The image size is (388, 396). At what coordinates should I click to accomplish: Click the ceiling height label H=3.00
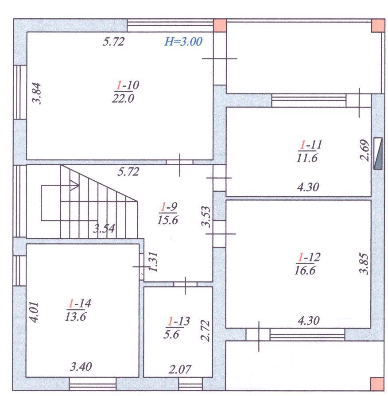(183, 42)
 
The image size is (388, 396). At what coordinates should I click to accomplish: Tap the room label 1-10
(128, 85)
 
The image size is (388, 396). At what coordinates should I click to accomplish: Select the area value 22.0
(123, 98)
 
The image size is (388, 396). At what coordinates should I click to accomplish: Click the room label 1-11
(310, 145)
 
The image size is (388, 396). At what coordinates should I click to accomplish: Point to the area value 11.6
(307, 158)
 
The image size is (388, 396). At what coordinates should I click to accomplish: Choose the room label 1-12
(309, 257)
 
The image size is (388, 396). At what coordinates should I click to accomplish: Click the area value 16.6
(305, 271)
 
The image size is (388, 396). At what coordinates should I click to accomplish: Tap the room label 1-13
(179, 321)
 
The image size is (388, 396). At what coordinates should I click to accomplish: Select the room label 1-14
(79, 303)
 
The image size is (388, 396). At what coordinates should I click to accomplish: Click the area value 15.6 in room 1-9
(168, 220)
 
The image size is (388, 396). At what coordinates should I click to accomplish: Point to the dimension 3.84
(37, 93)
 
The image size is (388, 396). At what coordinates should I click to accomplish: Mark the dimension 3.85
(364, 264)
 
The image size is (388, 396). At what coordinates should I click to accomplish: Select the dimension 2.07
(180, 370)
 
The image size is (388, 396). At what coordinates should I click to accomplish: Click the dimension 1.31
(153, 262)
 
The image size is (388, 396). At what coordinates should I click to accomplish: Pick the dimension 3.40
(81, 367)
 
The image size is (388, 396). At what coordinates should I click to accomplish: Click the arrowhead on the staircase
(75, 185)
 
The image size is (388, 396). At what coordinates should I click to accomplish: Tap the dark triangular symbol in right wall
(378, 153)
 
